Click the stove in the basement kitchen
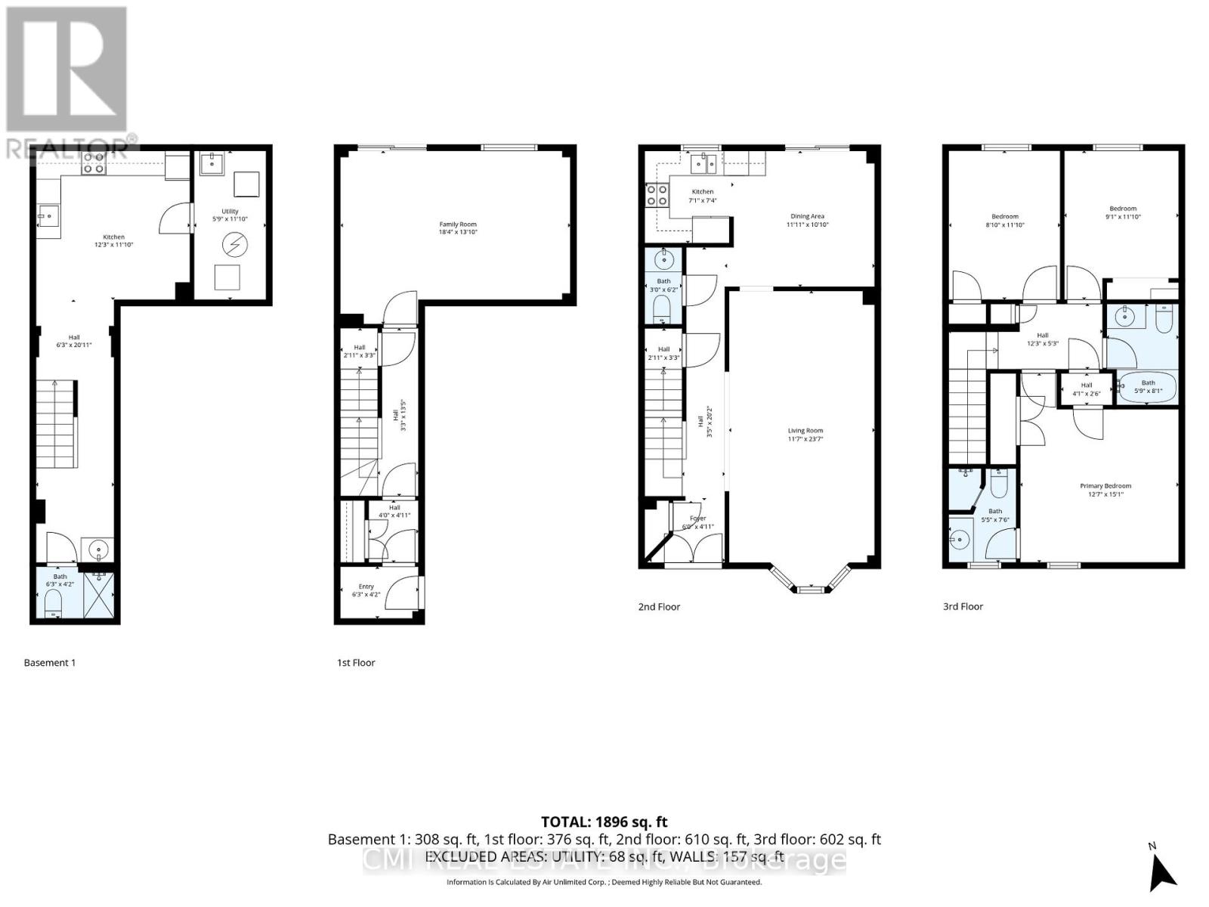(94, 163)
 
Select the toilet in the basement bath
(54, 602)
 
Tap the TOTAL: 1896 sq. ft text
(604, 822)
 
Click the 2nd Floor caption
(659, 606)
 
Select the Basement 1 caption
(50, 663)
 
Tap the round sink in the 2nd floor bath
(663, 261)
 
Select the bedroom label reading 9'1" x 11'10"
(1122, 212)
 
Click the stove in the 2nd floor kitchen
(656, 196)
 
